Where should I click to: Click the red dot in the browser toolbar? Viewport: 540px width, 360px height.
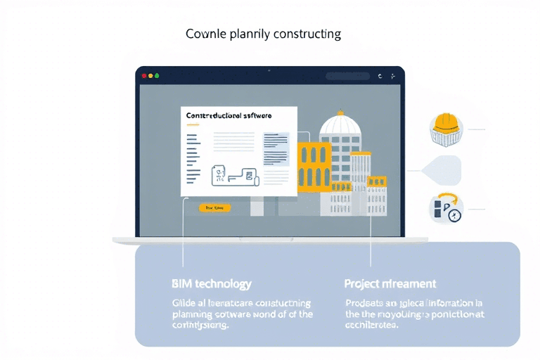[144, 75]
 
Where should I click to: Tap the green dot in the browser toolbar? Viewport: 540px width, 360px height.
[157, 75]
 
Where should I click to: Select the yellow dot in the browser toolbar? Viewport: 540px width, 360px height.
[150, 75]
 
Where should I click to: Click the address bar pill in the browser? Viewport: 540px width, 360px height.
[347, 75]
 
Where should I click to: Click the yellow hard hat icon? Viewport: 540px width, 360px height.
[446, 124]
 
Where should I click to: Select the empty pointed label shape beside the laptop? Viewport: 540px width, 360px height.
[444, 170]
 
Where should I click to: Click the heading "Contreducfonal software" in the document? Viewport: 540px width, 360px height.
[229, 115]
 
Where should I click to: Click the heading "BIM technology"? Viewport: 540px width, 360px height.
[211, 284]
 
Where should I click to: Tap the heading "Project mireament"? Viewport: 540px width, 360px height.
[390, 284]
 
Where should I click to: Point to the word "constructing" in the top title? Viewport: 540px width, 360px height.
[307, 34]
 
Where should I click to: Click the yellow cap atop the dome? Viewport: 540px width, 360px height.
[340, 112]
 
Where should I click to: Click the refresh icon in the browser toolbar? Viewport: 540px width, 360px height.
[379, 75]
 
